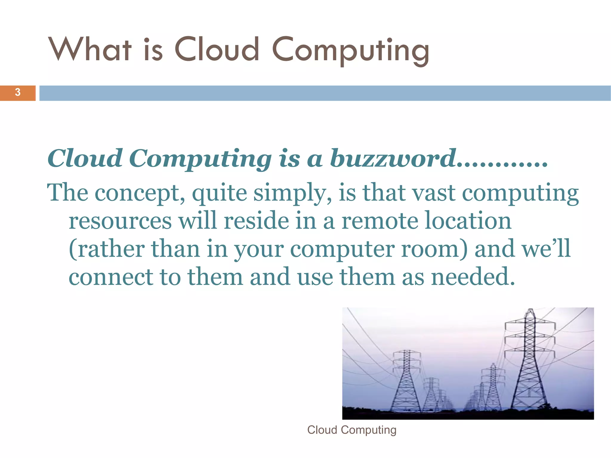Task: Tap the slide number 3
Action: coord(18,92)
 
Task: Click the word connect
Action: coord(110,277)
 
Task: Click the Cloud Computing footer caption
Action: coord(352,430)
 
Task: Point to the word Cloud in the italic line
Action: coord(85,158)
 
